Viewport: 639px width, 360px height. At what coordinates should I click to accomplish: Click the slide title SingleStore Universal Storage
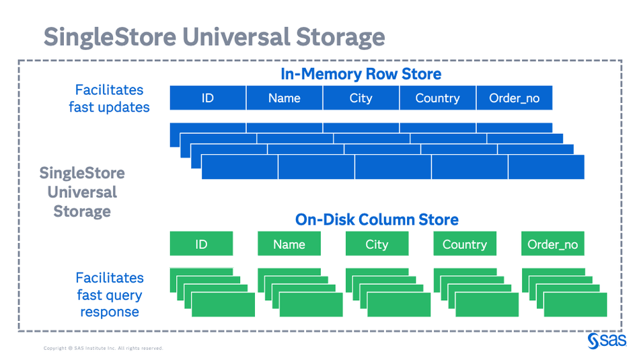coord(214,36)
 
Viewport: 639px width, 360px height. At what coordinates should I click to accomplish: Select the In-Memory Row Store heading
coord(361,74)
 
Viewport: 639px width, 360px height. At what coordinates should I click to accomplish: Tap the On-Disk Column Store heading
coord(377,219)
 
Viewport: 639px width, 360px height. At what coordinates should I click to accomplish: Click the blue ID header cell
coord(208,98)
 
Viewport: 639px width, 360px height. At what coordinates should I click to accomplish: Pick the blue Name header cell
coord(284,98)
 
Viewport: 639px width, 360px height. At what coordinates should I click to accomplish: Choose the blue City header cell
coord(361,98)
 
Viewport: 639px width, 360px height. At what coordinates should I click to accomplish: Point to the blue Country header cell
coord(437,98)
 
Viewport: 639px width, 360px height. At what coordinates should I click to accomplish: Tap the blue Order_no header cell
coord(514,98)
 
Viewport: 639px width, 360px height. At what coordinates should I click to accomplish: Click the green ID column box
coord(201,244)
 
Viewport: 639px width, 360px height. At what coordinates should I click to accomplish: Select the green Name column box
coord(289,244)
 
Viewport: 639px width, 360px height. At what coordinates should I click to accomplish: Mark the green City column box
coord(377,244)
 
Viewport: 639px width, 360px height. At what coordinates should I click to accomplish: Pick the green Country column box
coord(465,244)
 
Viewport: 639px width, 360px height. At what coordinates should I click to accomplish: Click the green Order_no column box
coord(553,244)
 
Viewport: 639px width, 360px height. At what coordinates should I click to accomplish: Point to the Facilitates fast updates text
coord(109,98)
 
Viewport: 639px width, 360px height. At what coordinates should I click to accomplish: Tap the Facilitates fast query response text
coord(109,295)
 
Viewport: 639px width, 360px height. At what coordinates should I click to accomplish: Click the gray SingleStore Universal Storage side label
coord(82,192)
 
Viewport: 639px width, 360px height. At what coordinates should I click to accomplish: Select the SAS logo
coord(607,341)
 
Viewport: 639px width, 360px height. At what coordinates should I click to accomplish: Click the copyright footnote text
coord(103,349)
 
